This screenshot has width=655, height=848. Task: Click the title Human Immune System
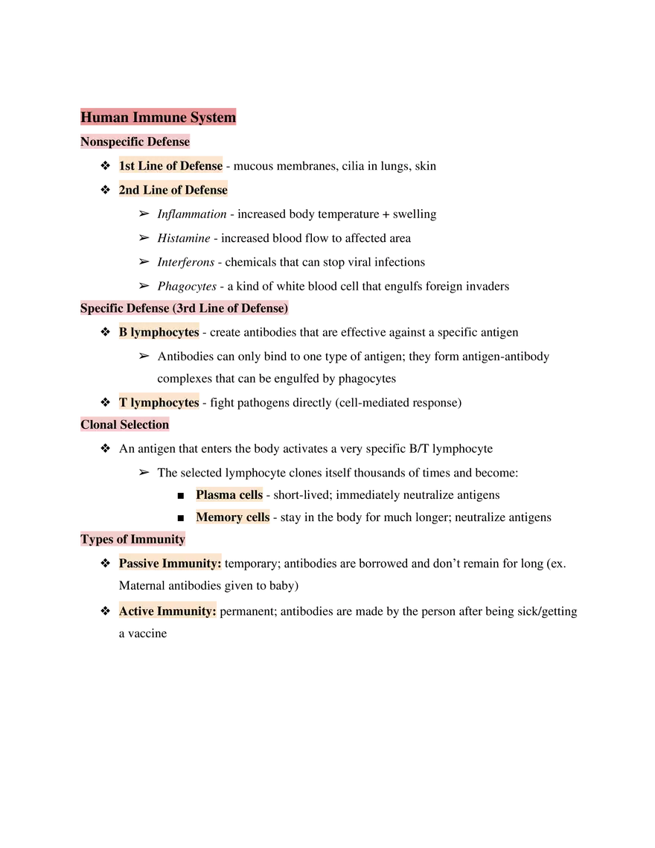click(x=158, y=118)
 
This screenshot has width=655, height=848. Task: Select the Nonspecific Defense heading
click(x=135, y=141)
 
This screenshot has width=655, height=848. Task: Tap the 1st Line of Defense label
click(x=170, y=165)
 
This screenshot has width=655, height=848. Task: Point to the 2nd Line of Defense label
click(x=173, y=190)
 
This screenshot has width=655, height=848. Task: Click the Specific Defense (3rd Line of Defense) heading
click(x=184, y=308)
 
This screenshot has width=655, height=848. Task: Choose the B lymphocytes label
click(x=159, y=332)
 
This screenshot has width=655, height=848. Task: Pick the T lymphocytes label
click(x=159, y=403)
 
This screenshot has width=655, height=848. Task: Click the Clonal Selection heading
click(x=124, y=424)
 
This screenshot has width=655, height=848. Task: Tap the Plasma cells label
click(x=229, y=495)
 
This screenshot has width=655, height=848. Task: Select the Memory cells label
click(x=232, y=517)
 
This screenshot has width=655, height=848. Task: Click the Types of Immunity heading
click(x=132, y=539)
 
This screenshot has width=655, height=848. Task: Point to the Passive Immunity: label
click(x=170, y=564)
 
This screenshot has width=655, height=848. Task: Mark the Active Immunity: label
click(x=167, y=611)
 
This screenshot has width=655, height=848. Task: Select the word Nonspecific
click(x=112, y=141)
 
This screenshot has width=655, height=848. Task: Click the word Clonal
click(x=98, y=424)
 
